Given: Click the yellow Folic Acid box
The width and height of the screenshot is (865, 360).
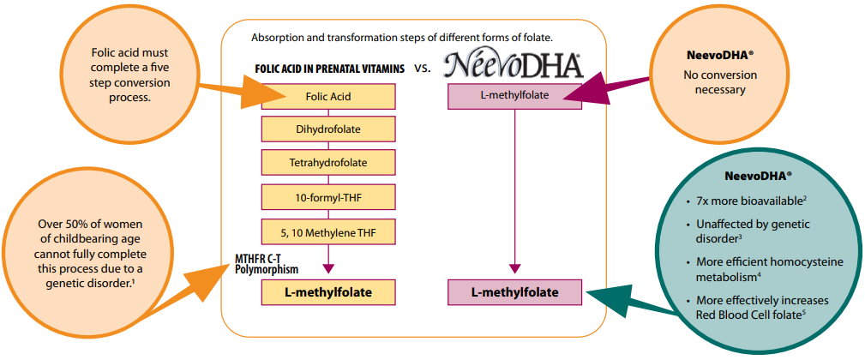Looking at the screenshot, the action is click(328, 97).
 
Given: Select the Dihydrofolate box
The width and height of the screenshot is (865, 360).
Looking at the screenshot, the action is click(328, 130).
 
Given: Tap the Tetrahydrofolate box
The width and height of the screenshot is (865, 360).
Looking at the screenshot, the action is click(328, 163).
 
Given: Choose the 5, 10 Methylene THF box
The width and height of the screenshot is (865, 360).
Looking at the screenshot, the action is click(328, 231).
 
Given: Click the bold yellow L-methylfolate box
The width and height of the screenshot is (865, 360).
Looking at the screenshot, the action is click(328, 292).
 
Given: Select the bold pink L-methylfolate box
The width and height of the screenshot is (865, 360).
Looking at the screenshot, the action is click(514, 292).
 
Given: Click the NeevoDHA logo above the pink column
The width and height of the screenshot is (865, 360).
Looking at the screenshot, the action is click(514, 64).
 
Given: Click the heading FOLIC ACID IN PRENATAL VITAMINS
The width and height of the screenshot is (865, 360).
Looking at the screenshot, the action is click(330, 69).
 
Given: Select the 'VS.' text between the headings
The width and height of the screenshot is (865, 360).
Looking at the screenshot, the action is click(423, 69).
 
